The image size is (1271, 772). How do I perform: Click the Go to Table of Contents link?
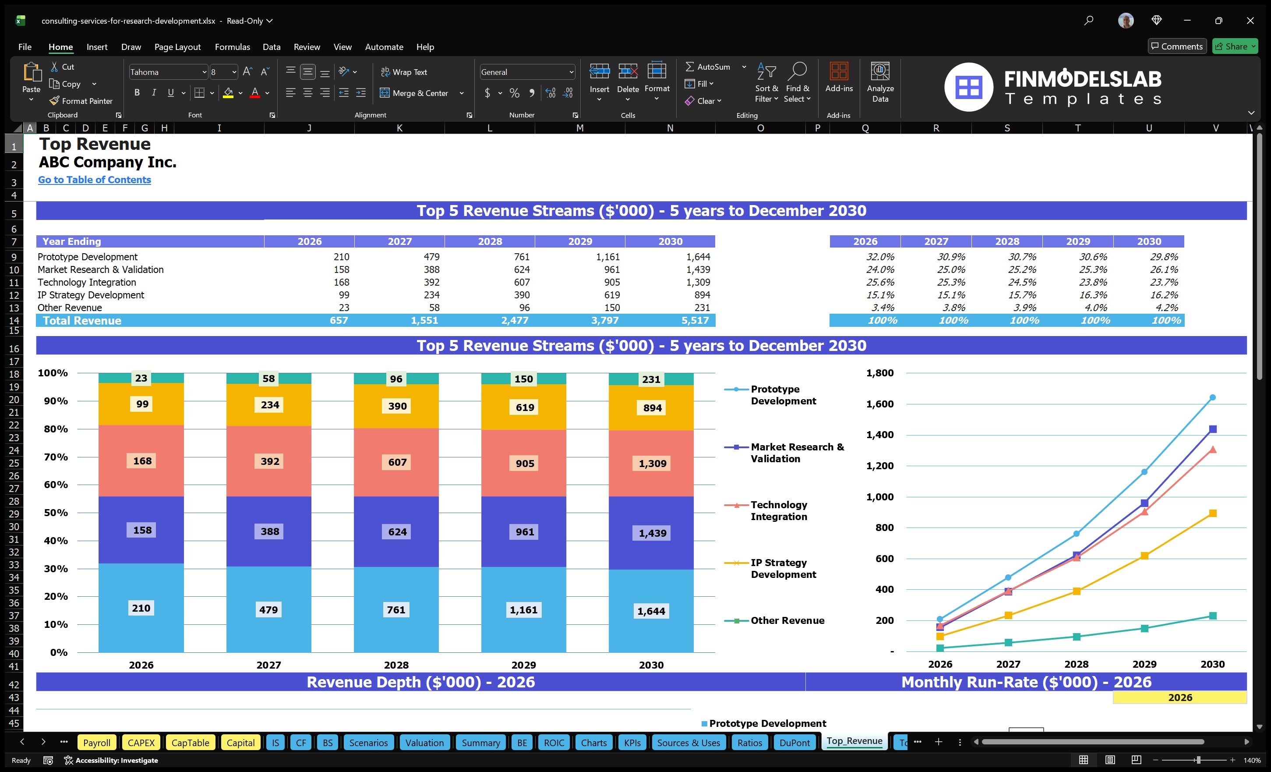click(95, 180)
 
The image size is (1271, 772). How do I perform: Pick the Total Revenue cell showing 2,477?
click(515, 320)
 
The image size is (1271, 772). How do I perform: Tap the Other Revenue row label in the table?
click(70, 308)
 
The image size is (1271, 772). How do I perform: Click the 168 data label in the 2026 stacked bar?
click(142, 461)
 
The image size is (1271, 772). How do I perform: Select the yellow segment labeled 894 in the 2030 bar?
click(652, 407)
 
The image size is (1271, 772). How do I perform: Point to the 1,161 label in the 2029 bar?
click(523, 610)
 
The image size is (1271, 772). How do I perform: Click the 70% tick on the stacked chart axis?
click(56, 457)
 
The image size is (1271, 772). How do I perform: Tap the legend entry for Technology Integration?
click(778, 510)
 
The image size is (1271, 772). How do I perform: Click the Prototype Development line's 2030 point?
click(1213, 397)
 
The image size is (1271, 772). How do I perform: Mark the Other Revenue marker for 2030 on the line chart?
click(1213, 616)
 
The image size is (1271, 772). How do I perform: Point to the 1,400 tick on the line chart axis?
click(879, 435)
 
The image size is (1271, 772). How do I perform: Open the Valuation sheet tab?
click(424, 743)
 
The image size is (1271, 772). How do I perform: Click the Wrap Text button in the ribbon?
click(404, 72)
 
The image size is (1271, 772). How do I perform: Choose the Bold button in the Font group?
click(137, 92)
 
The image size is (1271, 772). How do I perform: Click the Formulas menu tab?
click(232, 47)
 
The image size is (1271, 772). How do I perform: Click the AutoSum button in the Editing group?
click(708, 67)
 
